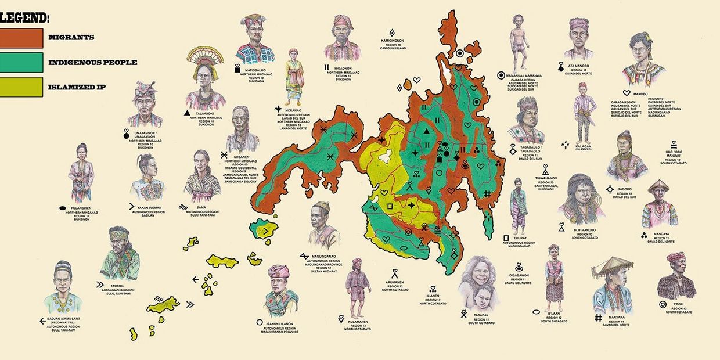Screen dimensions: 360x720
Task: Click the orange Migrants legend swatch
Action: tap(21, 38)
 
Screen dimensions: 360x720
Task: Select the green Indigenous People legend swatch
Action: tap(21, 62)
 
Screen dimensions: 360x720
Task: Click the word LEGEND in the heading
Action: tap(24, 18)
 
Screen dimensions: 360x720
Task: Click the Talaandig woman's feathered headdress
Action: tap(205, 57)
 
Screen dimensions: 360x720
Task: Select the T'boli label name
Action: tap(678, 304)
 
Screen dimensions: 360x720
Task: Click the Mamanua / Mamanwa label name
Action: tap(523, 75)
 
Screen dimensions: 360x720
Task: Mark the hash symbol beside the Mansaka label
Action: tap(599, 318)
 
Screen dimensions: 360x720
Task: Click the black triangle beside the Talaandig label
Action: tap(186, 112)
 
